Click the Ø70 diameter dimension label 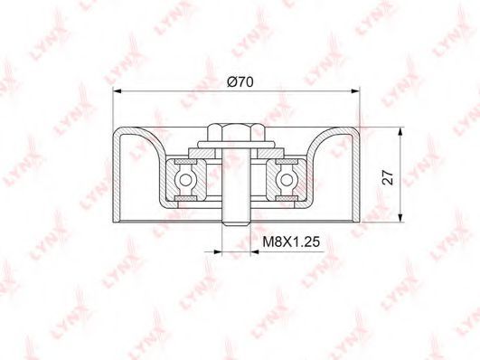click(240, 81)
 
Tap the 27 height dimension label click(388, 177)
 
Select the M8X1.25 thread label click(291, 242)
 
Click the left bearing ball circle click(185, 180)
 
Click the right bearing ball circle click(287, 180)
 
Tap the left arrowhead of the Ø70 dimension click(118, 90)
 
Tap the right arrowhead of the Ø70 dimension click(355, 90)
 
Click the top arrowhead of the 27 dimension click(400, 132)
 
